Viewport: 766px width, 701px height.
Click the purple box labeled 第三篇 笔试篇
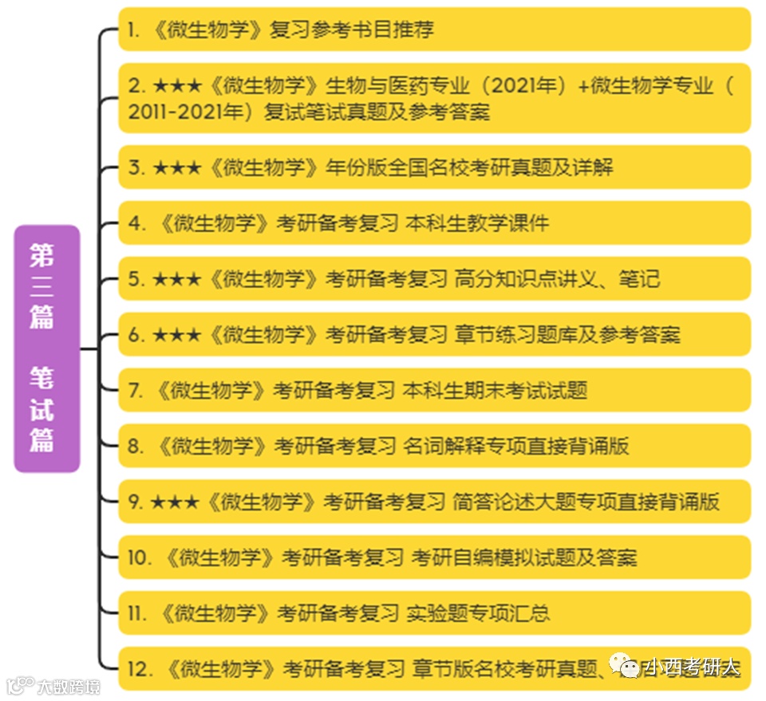tap(47, 349)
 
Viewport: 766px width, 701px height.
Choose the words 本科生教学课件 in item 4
tap(477, 223)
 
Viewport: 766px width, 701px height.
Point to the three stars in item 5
tap(176, 279)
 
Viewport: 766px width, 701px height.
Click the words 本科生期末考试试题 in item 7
tap(495, 391)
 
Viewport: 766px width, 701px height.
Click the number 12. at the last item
tap(140, 670)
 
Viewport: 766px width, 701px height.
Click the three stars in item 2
tap(176, 86)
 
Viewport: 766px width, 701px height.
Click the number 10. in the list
tap(140, 558)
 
